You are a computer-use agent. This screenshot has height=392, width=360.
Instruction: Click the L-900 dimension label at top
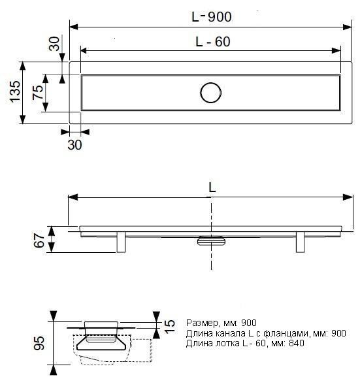pos(212,17)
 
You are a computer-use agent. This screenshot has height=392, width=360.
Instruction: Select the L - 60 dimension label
pos(213,42)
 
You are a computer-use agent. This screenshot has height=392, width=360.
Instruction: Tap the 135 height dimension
pos(15,91)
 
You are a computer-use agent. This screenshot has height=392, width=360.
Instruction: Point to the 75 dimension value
pos(37,92)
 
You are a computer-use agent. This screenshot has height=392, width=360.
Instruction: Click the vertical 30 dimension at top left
pos(54,44)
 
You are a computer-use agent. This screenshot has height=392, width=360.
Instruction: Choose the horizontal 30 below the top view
pos(74,145)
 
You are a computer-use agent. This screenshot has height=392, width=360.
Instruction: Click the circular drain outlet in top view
pos(211,93)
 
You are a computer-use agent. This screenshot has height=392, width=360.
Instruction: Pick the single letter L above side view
pos(212,187)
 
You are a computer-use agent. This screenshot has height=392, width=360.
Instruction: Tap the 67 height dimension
pos(39,240)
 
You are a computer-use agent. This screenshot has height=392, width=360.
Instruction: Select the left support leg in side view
pos(121,242)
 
